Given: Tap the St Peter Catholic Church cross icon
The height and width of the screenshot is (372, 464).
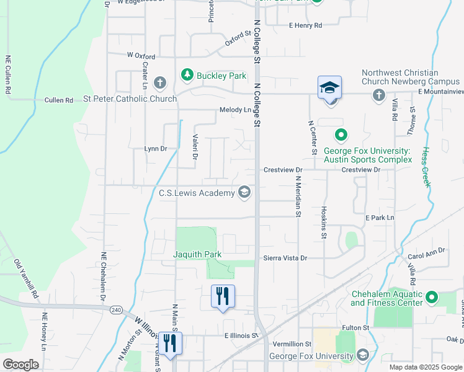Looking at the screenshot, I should pyautogui.click(x=160, y=82).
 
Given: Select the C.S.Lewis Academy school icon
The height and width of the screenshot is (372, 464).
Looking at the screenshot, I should pyautogui.click(x=244, y=193).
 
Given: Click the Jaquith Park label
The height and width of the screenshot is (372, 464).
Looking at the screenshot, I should pyautogui.click(x=197, y=254).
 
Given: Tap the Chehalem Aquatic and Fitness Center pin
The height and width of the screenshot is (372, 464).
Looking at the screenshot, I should pyautogui.click(x=432, y=298).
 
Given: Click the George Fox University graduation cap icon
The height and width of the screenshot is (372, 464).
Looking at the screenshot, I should pyautogui.click(x=362, y=355).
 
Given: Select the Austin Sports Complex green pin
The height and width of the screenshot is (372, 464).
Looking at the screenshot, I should pyautogui.click(x=341, y=134).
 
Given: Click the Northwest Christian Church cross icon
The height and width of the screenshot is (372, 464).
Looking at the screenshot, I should pyautogui.click(x=378, y=94).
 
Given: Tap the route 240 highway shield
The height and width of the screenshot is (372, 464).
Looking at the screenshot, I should pyautogui.click(x=115, y=309).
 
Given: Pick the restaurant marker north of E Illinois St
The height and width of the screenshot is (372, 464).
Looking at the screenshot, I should pyautogui.click(x=223, y=296).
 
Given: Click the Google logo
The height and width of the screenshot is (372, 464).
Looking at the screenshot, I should pyautogui.click(x=21, y=364).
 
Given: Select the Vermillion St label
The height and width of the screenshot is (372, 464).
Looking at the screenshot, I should pyautogui.click(x=291, y=344).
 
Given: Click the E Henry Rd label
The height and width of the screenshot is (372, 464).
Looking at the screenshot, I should pyautogui.click(x=305, y=25).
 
